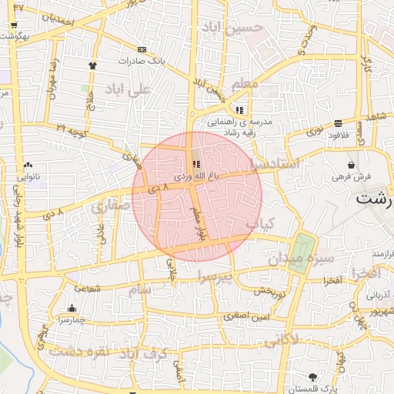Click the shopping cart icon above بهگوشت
[14, 25]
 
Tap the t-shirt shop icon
[93, 65]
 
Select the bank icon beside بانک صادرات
[141, 49]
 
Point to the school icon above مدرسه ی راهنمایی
[239, 109]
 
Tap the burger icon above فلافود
[339, 123]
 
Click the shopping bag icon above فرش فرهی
[352, 165]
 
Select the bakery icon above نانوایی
[28, 164]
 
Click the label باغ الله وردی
[196, 176]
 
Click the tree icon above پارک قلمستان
[312, 376]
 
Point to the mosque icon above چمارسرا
[72, 309]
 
